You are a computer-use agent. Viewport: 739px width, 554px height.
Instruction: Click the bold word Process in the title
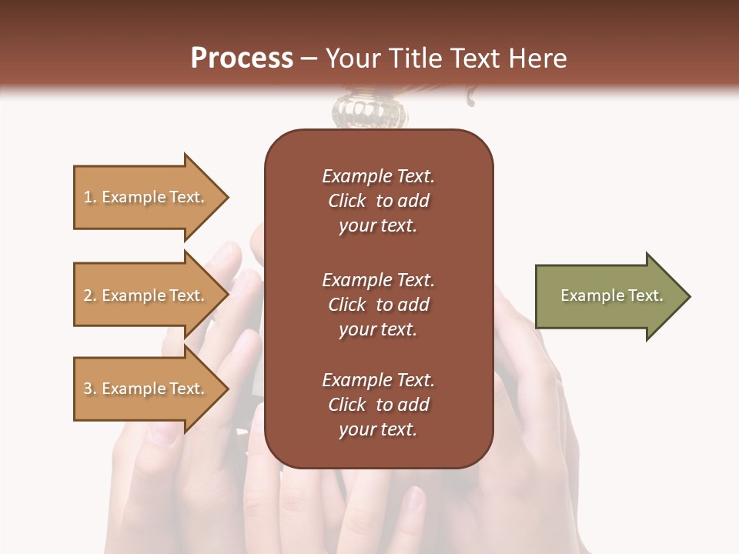click(242, 58)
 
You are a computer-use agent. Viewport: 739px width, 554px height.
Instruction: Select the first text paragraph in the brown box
click(378, 201)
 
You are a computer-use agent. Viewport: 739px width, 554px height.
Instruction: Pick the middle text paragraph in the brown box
click(378, 305)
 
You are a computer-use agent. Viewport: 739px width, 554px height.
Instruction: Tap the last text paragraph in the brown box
click(378, 405)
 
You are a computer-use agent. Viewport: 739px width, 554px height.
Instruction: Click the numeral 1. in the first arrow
click(90, 197)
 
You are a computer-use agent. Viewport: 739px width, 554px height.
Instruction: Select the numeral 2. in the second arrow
click(90, 295)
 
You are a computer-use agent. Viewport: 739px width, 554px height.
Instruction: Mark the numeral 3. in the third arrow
click(90, 389)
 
